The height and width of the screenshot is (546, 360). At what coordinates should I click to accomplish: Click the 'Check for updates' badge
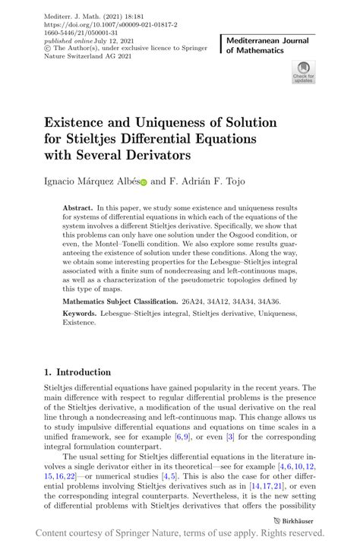(302, 74)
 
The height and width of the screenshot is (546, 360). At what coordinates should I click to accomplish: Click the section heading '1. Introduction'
(77, 372)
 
